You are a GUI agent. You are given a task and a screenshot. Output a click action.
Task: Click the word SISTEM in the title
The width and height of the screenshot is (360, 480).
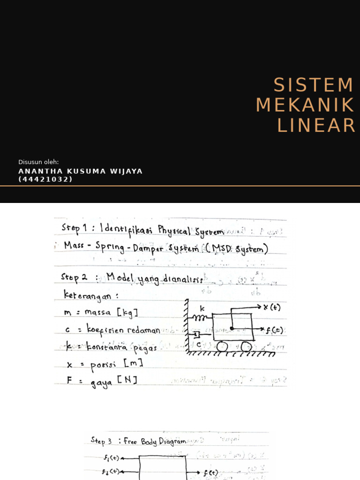314,85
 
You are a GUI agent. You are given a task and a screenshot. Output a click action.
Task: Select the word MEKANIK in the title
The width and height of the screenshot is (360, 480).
305,105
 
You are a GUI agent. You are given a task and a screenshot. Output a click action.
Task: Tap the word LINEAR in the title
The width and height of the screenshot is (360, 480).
316,126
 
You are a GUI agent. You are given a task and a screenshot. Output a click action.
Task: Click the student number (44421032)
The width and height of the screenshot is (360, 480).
45,179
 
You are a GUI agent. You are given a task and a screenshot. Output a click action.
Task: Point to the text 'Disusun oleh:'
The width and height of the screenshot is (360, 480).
38,162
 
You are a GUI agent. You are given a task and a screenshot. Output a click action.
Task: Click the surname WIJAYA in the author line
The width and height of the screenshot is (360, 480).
125,171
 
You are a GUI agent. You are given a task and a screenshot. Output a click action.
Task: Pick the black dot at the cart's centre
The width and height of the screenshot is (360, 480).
232,329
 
